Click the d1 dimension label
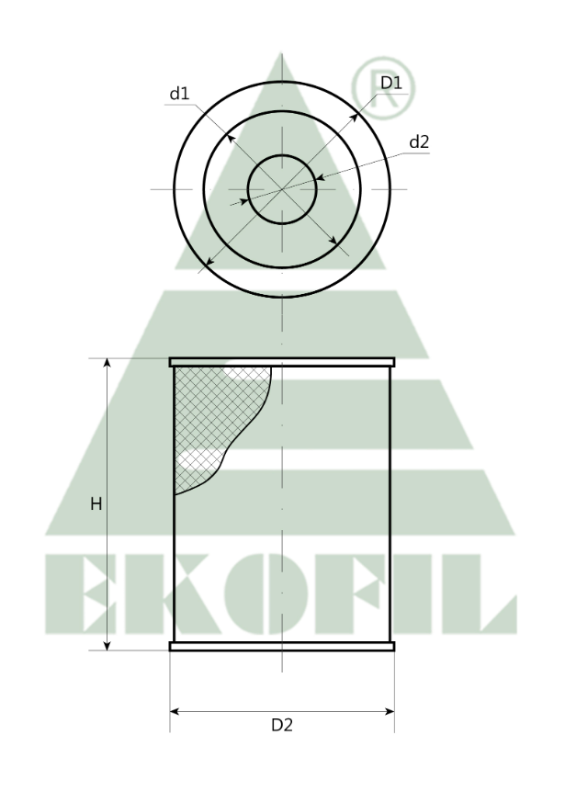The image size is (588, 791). coord(178,94)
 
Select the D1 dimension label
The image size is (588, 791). coord(391,84)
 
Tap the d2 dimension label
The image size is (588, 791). coord(419,141)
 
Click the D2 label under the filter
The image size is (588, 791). coord(281,725)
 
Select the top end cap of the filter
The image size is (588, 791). coord(282,362)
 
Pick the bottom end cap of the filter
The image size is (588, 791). coord(282,647)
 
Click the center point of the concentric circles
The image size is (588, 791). coord(282,188)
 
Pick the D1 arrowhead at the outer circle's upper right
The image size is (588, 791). coord(355,119)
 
